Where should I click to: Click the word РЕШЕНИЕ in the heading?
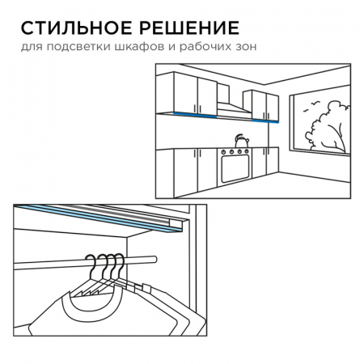point(188,28)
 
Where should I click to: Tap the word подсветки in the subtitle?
point(78,47)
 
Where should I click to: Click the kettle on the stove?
point(242,141)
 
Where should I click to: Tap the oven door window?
point(235,168)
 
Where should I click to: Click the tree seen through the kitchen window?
point(328,125)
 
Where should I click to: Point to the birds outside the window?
point(311,106)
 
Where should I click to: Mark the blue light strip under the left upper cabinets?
point(195,115)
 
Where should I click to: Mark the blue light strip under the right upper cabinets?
point(265,121)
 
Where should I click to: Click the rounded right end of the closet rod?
point(154,260)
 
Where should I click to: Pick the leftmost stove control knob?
point(223,152)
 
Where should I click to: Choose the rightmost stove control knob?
point(247,152)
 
